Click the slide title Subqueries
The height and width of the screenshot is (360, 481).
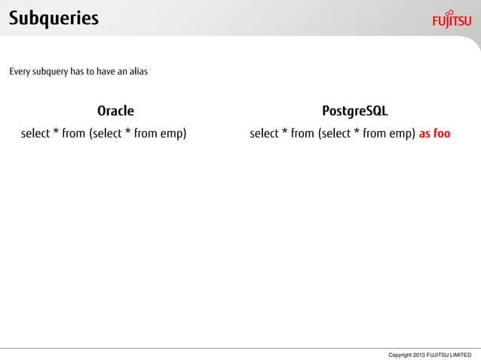click(54, 17)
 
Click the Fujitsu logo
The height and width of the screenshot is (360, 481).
click(452, 18)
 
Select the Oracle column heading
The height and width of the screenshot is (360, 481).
click(115, 111)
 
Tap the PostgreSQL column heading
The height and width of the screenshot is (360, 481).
click(354, 111)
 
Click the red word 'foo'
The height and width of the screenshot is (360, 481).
click(442, 134)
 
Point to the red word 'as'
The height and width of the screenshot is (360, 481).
click(425, 135)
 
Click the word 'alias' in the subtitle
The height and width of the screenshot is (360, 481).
click(136, 72)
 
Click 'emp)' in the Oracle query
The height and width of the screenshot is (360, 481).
click(174, 135)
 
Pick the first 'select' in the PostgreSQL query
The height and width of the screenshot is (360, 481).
click(264, 135)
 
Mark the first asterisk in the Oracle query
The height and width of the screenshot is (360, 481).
click(56, 133)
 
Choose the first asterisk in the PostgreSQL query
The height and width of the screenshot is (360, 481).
click(284, 133)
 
